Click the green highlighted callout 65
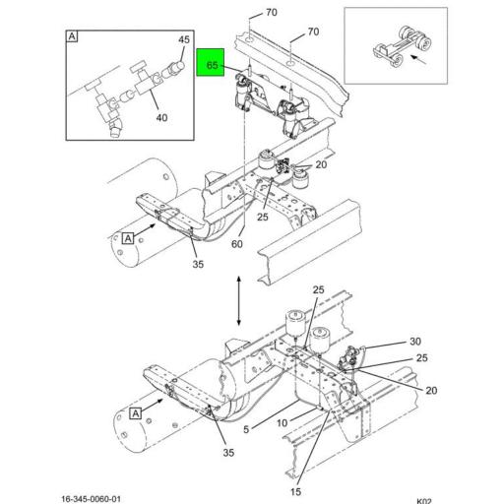coord(212,65)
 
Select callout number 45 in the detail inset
coord(182,39)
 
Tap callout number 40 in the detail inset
coord(161,117)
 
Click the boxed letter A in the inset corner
coord(73,37)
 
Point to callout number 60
coord(237,244)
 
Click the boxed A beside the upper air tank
coord(127,237)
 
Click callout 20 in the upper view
coord(321,164)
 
